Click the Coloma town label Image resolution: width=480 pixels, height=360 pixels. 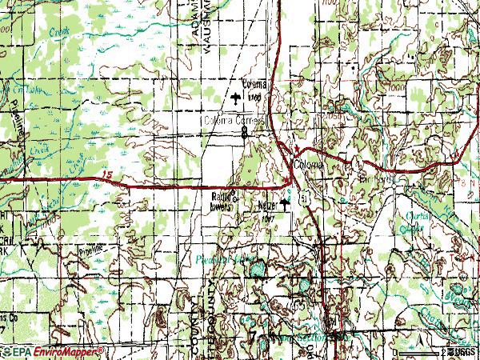tap(310, 163)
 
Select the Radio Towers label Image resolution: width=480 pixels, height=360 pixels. tap(225, 201)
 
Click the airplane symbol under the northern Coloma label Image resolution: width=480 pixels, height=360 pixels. tap(235, 98)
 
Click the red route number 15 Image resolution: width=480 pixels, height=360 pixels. tap(108, 177)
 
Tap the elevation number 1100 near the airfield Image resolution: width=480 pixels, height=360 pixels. tap(254, 98)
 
